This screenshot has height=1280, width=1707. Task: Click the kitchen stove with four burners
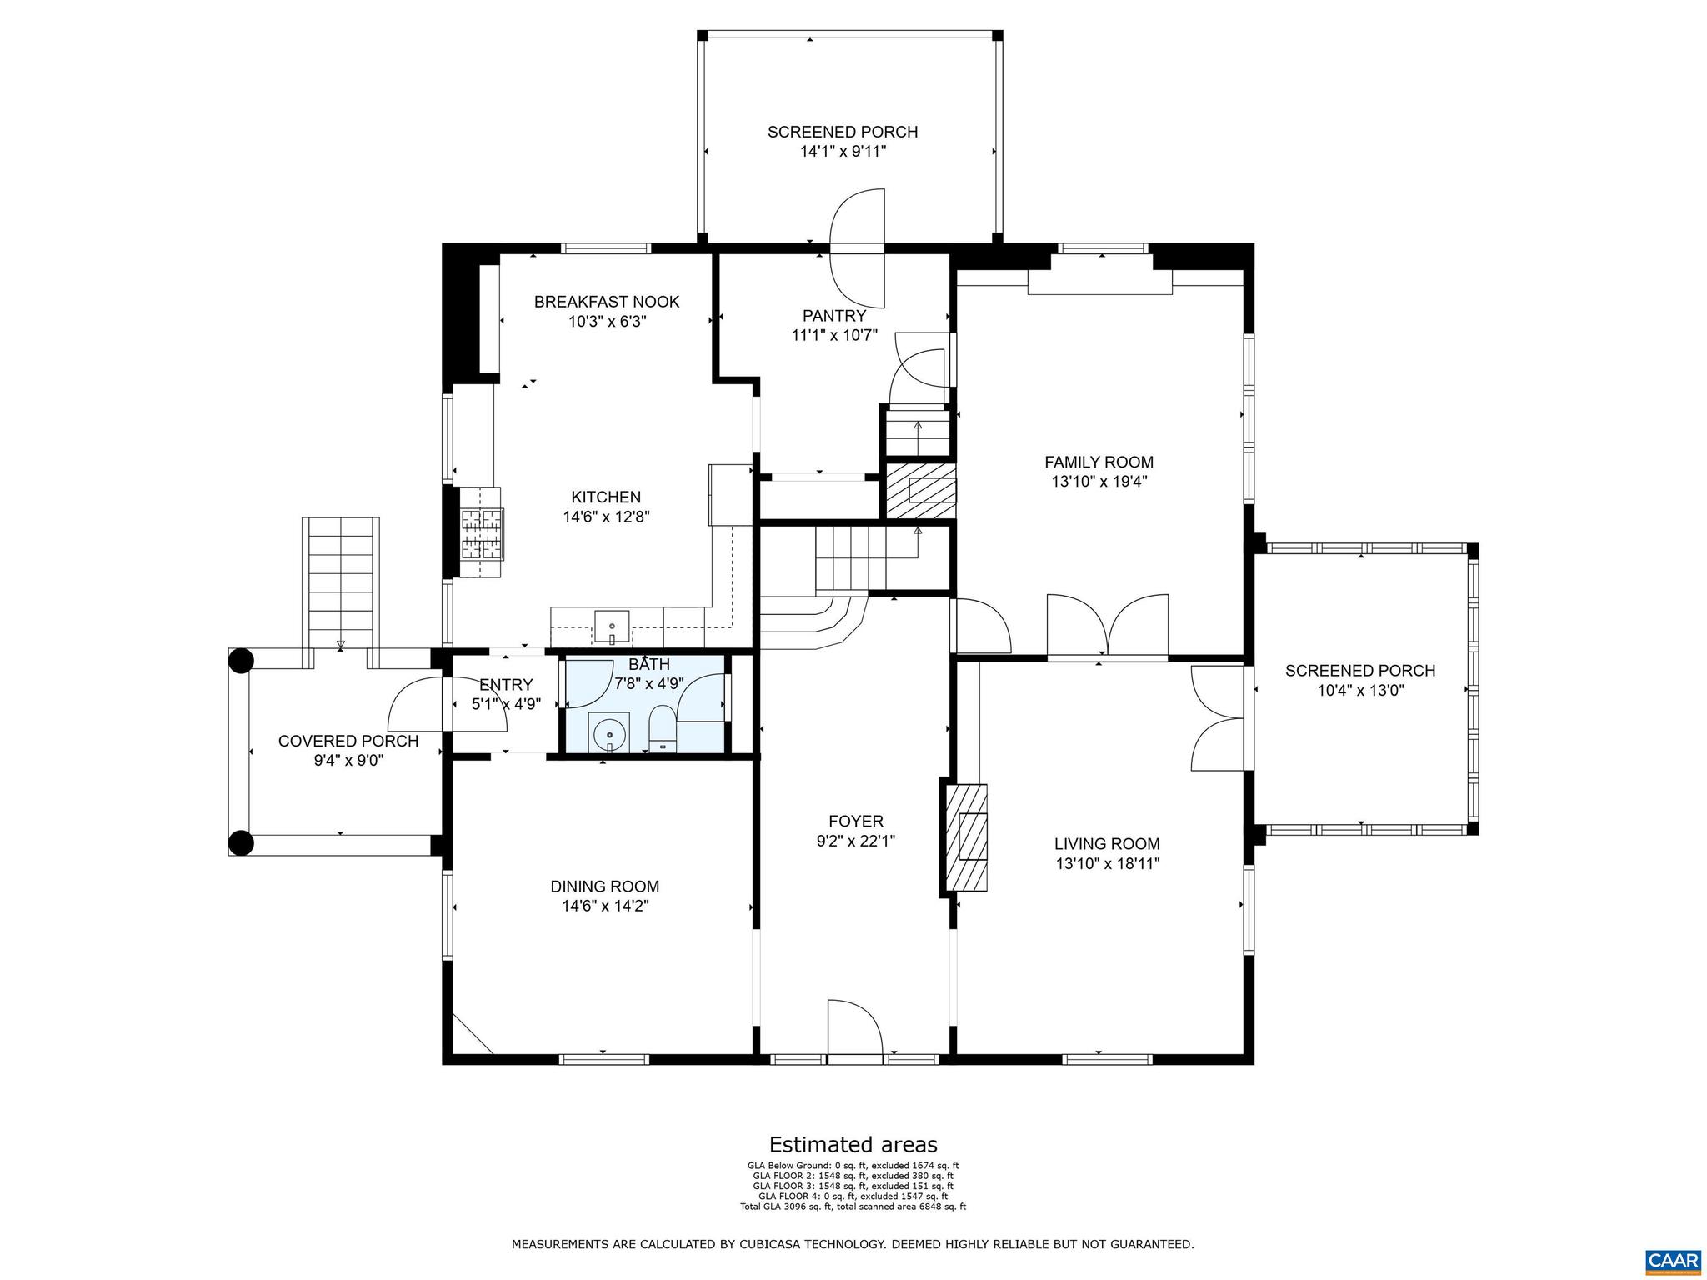tap(482, 532)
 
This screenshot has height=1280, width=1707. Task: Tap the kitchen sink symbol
tap(612, 625)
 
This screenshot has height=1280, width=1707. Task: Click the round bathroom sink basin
tap(610, 734)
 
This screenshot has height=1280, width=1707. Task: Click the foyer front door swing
tap(853, 1030)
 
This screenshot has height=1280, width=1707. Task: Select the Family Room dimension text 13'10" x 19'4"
tap(1099, 481)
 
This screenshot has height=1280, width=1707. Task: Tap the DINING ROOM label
tap(604, 887)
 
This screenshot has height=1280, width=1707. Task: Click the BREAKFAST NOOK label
tap(607, 302)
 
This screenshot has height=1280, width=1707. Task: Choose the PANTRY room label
tap(834, 316)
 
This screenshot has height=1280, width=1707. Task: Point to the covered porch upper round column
tap(241, 661)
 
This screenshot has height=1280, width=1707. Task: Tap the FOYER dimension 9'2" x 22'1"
tap(856, 841)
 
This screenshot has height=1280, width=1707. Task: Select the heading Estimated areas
tap(853, 1144)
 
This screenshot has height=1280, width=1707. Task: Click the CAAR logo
tap(1673, 1258)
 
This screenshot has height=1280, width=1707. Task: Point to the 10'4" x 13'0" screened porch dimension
tap(1360, 690)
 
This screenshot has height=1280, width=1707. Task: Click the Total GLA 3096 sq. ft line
tap(853, 1206)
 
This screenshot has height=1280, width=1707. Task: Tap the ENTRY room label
tap(506, 685)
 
